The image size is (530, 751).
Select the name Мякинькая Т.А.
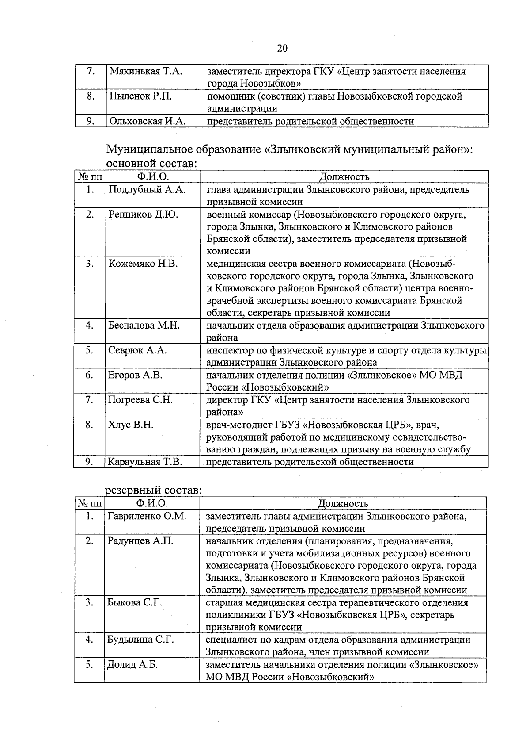[x=146, y=71]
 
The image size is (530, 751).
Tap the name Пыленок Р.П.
[x=141, y=96]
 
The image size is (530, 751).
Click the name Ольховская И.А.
[x=148, y=121]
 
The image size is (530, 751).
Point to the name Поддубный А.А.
[x=147, y=190]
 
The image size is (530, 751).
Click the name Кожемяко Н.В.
[x=143, y=264]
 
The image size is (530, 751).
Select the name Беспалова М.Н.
[x=144, y=326]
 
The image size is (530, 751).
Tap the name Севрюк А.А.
[x=137, y=350]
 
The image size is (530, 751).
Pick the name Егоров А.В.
[x=135, y=375]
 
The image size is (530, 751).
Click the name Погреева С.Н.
[x=140, y=400]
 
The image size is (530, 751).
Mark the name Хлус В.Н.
[x=131, y=425]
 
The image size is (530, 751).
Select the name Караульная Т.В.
[x=145, y=462]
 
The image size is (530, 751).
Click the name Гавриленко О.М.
[x=147, y=516]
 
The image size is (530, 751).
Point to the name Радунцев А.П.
[x=140, y=541]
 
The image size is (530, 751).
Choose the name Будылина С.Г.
[x=140, y=640]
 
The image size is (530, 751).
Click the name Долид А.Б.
[x=132, y=665]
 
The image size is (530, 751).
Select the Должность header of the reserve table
[x=343, y=504]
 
